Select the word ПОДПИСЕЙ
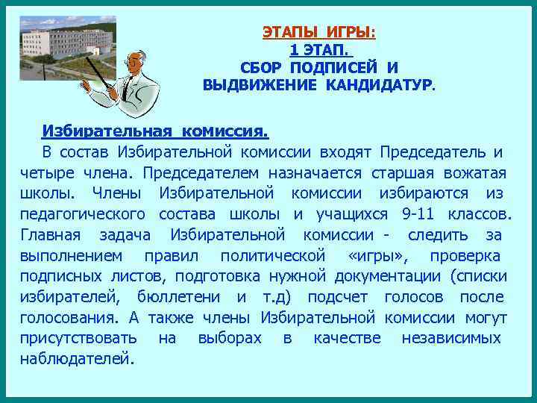[x=333, y=67]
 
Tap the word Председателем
[x=201, y=173]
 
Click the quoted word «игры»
[x=378, y=256]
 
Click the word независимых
[x=451, y=338]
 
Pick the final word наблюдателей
[x=78, y=359]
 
